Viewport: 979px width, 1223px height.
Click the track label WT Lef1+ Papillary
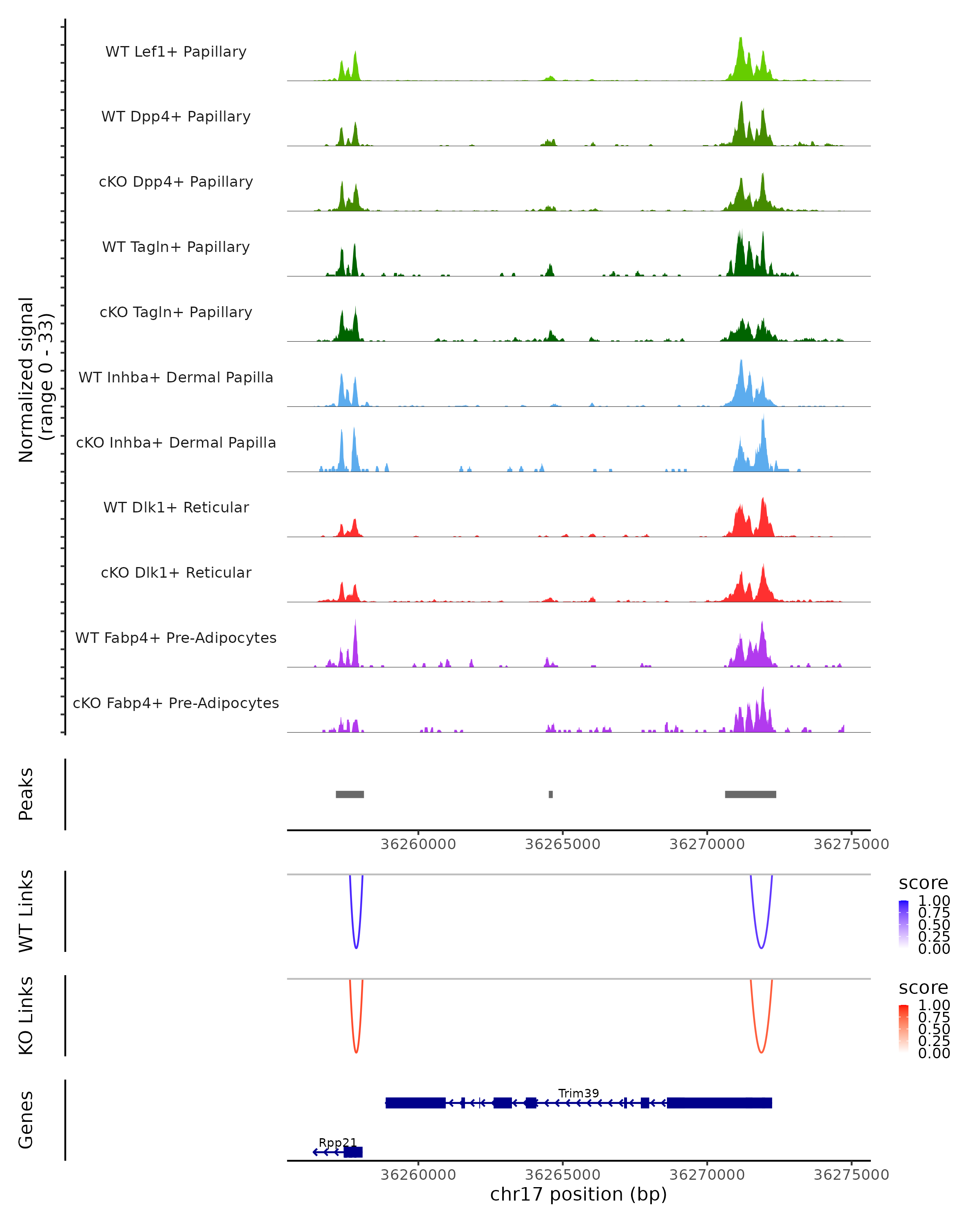click(x=176, y=52)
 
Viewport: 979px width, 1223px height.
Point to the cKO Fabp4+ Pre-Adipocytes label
click(x=176, y=703)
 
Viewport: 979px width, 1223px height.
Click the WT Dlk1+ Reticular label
click(x=176, y=507)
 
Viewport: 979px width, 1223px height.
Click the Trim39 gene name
click(x=578, y=1093)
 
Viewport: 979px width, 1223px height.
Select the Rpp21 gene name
click(x=338, y=1142)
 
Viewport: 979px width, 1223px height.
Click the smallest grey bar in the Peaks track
click(x=551, y=794)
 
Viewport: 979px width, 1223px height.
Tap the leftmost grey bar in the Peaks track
click(x=350, y=794)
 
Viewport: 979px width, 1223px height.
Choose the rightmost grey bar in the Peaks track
click(x=750, y=794)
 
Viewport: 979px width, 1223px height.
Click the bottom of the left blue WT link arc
click(x=356, y=948)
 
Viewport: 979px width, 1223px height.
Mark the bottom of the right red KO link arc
click(x=761, y=1052)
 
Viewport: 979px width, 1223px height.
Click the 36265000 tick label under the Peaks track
click(x=563, y=844)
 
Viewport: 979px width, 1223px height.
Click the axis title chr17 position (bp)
click(x=578, y=1194)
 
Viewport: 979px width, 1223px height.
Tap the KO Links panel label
click(x=26, y=1015)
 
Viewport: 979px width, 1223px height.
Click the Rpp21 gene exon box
click(x=353, y=1152)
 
